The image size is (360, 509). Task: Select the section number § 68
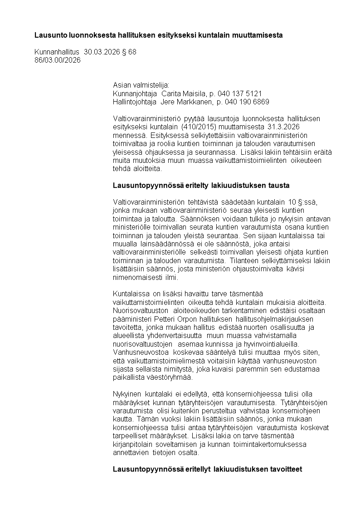(129, 52)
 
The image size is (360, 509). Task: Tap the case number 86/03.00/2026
(58, 60)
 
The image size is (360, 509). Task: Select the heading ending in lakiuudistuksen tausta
(201, 186)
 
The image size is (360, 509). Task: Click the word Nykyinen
(127, 394)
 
